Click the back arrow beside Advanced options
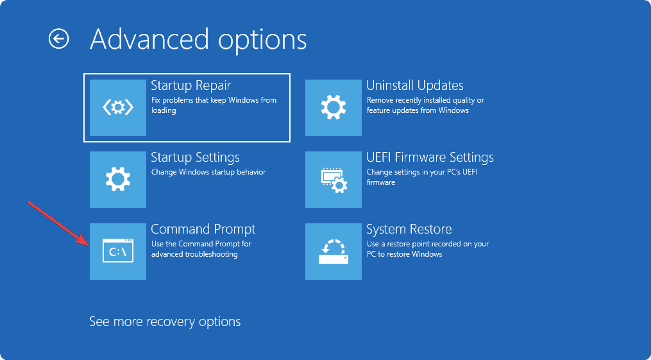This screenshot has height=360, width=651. pos(58,39)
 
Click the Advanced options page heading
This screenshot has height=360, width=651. pos(198,40)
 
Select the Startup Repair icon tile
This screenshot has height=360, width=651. pos(118,108)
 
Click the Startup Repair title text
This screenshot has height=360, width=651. pos(190,86)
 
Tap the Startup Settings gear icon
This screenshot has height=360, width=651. pos(118,180)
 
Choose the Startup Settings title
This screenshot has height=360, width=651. pos(195,158)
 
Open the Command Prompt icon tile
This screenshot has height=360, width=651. pos(118,252)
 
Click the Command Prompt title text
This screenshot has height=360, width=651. pos(203,230)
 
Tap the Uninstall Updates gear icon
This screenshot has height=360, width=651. pos(334,108)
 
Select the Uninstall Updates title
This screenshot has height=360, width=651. pos(414,86)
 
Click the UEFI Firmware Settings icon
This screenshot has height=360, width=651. pos(334,180)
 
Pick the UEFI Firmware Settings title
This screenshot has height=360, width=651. pos(430,158)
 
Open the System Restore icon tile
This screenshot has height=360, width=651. pos(334,252)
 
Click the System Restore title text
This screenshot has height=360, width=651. pos(409,230)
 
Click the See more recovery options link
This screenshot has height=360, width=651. pos(165,321)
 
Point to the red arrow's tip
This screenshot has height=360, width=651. pos(89,244)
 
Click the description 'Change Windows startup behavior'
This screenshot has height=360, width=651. pos(208,173)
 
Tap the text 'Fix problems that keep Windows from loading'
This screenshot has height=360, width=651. pos(214,105)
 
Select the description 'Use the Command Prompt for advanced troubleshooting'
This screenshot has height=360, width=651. pos(201,249)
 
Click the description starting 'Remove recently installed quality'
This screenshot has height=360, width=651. pos(425,105)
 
